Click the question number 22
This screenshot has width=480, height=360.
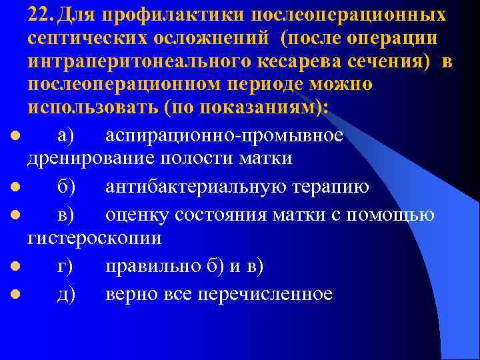pyautogui.click(x=40, y=15)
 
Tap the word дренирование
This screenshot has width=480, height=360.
pyautogui.click(x=90, y=159)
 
